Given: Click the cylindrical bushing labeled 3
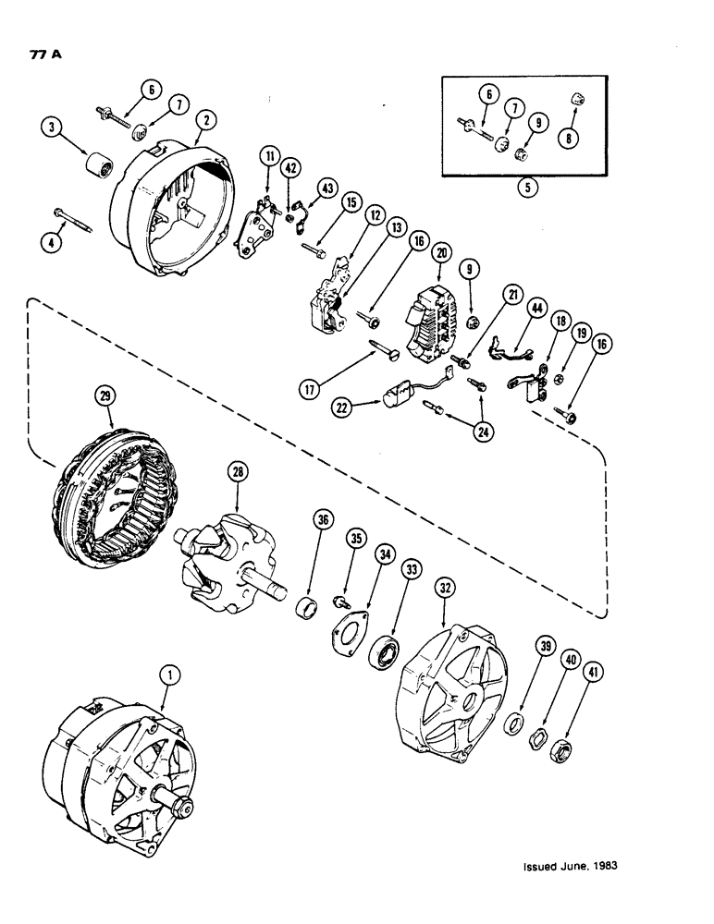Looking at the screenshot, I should tap(94, 170).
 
